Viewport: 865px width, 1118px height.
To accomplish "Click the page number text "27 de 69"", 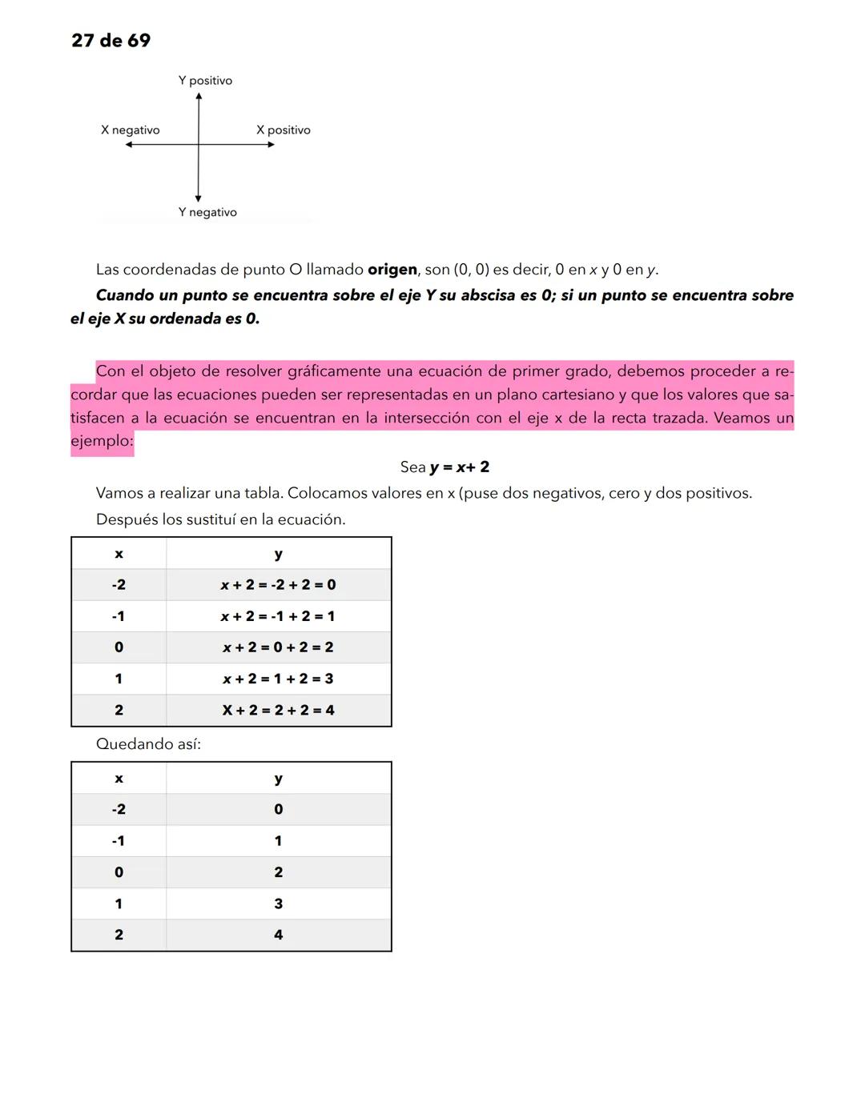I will click(111, 41).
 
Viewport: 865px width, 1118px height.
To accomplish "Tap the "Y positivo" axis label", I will click(205, 81).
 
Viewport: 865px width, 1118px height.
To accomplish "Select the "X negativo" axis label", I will click(130, 130).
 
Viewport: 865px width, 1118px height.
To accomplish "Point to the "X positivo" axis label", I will click(283, 130).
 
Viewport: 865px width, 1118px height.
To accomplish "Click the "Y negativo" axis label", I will click(207, 212).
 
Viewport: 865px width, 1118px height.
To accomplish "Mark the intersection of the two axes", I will click(199, 145).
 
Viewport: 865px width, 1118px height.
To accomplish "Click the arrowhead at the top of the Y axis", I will click(199, 97).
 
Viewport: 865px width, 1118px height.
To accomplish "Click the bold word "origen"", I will click(392, 270).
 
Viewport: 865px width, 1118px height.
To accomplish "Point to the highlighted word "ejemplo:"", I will click(102, 441).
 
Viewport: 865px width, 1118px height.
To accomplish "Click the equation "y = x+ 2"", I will click(459, 467).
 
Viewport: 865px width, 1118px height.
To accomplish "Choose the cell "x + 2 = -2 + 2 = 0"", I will click(278, 585).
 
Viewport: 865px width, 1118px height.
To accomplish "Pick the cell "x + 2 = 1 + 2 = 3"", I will click(278, 679).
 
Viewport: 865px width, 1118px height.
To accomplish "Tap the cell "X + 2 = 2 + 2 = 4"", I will click(278, 710).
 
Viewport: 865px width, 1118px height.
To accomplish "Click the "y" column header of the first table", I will click(278, 554).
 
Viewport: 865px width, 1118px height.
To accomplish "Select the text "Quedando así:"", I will click(148, 744).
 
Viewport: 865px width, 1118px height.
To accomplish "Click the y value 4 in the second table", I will click(278, 935).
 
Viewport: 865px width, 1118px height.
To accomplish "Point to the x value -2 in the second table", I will click(119, 809).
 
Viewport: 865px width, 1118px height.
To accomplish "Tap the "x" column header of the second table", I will click(119, 779).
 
